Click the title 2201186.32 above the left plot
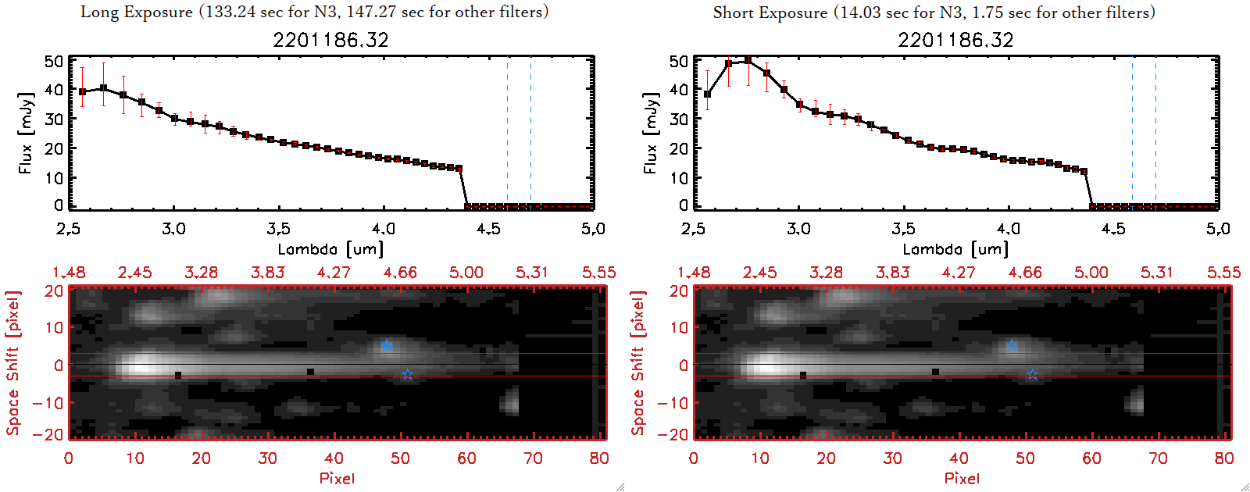tap(330, 40)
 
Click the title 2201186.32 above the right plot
tap(955, 40)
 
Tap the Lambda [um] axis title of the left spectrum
tap(330, 249)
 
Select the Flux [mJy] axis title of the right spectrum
tap(650, 133)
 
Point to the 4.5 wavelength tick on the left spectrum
tap(488, 229)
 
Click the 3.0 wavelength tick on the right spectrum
tap(798, 229)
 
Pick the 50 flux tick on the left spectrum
tap(54, 61)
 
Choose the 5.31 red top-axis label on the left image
tap(532, 273)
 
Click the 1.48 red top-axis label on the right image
tap(694, 273)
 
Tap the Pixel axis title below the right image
tap(962, 478)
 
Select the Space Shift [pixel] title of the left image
tap(12, 363)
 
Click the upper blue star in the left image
tap(387, 345)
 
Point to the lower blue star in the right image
tap(1032, 375)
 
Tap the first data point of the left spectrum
tap(82, 91)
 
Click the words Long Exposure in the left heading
tap(137, 12)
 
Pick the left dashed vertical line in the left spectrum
tap(507, 133)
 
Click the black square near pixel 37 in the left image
tap(311, 372)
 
